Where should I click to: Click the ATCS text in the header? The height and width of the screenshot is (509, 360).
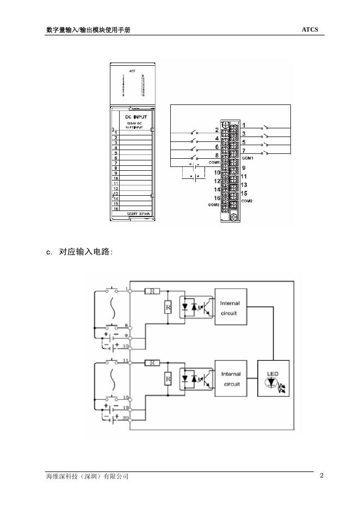(309, 29)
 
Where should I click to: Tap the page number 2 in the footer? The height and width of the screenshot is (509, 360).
(321, 475)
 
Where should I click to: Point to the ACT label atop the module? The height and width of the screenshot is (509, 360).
(132, 71)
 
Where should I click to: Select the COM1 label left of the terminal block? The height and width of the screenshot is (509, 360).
(213, 163)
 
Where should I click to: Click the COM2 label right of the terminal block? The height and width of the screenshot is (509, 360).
(247, 201)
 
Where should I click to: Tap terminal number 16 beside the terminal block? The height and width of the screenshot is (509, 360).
(216, 198)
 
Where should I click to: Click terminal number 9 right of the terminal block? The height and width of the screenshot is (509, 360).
(244, 168)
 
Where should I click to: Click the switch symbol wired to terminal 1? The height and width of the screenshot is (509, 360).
(265, 127)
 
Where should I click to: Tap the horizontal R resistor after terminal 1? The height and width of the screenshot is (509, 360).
(152, 291)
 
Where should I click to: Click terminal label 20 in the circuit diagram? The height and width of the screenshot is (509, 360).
(126, 417)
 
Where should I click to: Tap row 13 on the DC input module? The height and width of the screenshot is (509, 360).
(115, 193)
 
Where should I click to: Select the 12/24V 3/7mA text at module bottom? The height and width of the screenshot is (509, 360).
(133, 214)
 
